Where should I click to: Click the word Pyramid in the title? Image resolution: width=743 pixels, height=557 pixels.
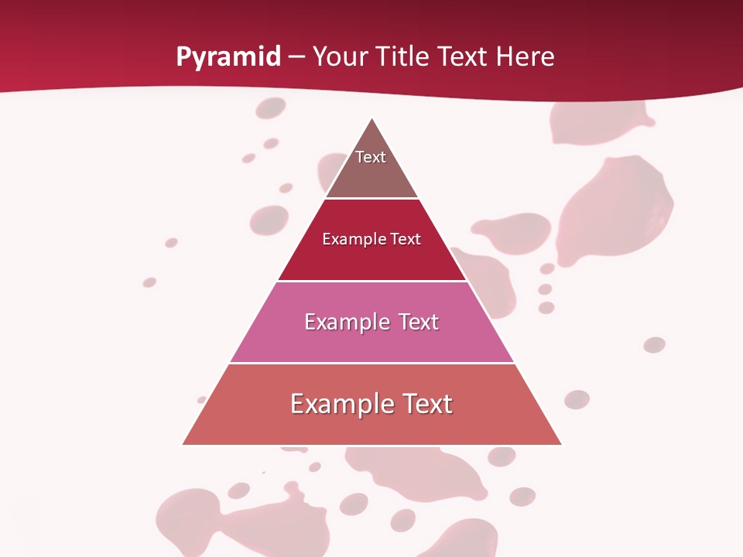tap(228, 57)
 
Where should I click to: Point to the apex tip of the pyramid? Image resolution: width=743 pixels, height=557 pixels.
tap(372, 119)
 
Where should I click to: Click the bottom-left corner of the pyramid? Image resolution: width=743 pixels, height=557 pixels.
tap(183, 444)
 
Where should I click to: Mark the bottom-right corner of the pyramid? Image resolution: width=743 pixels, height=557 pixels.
tap(560, 444)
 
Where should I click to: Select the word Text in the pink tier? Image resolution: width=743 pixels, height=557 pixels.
tap(419, 322)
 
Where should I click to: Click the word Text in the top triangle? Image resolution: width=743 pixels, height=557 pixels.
tap(370, 157)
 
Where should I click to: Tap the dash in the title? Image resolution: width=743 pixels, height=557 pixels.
tap(296, 57)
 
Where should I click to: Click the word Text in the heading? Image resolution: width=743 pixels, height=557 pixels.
tap(462, 56)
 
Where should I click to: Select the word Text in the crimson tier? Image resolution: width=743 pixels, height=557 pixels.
tap(406, 239)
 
